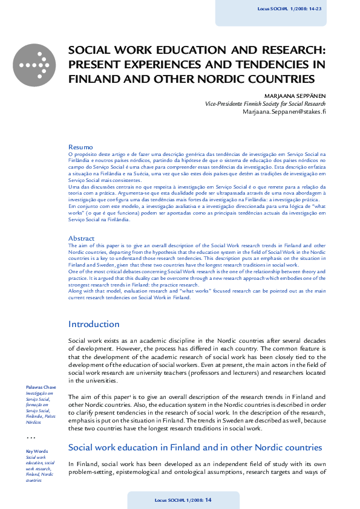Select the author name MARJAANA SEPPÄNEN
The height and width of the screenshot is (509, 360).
point(295,96)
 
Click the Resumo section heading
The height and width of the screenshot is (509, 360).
point(80,147)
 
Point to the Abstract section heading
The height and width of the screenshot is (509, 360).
point(82,238)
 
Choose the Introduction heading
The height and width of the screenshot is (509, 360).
point(94,324)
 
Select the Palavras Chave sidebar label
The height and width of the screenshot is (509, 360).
point(41,386)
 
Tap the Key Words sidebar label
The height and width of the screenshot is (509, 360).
point(36,451)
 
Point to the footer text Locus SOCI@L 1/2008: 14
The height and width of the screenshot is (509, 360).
point(183,500)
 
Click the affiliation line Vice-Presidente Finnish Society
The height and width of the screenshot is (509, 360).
point(265,103)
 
